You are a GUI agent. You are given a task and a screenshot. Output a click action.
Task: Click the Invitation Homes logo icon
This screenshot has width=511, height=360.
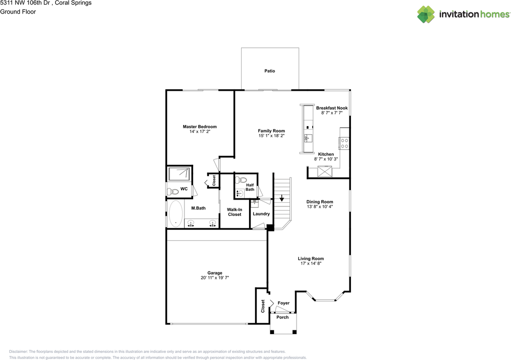point(426,14)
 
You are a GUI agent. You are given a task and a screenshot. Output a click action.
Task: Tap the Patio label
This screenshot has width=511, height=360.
point(269,71)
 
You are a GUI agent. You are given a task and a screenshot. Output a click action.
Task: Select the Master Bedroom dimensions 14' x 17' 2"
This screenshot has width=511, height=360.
point(200,132)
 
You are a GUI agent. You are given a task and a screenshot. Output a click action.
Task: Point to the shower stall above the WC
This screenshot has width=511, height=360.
point(179,174)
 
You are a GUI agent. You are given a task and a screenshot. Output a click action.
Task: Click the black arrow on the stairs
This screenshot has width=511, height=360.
point(281,197)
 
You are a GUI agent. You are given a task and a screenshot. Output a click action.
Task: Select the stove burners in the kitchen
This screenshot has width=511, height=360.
point(345,143)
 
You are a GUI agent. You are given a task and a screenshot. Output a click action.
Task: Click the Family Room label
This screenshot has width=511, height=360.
point(271,131)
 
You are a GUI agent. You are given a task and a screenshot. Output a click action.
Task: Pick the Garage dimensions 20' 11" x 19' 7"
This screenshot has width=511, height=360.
point(215,278)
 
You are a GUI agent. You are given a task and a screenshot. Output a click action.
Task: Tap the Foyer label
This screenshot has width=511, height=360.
point(283,303)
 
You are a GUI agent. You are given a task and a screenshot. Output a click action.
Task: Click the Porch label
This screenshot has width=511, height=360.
point(283,317)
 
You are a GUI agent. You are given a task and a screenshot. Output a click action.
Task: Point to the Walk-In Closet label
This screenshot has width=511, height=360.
point(234,212)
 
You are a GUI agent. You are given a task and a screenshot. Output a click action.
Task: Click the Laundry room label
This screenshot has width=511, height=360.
point(261,214)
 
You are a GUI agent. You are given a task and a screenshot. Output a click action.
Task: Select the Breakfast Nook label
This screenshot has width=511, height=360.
point(332,108)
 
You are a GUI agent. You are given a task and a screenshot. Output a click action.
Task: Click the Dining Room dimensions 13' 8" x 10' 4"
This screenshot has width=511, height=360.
point(319,207)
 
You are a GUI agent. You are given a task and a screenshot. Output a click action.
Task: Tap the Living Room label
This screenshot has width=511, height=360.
point(311,259)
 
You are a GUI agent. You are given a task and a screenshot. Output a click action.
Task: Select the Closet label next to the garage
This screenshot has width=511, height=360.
point(263,306)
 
